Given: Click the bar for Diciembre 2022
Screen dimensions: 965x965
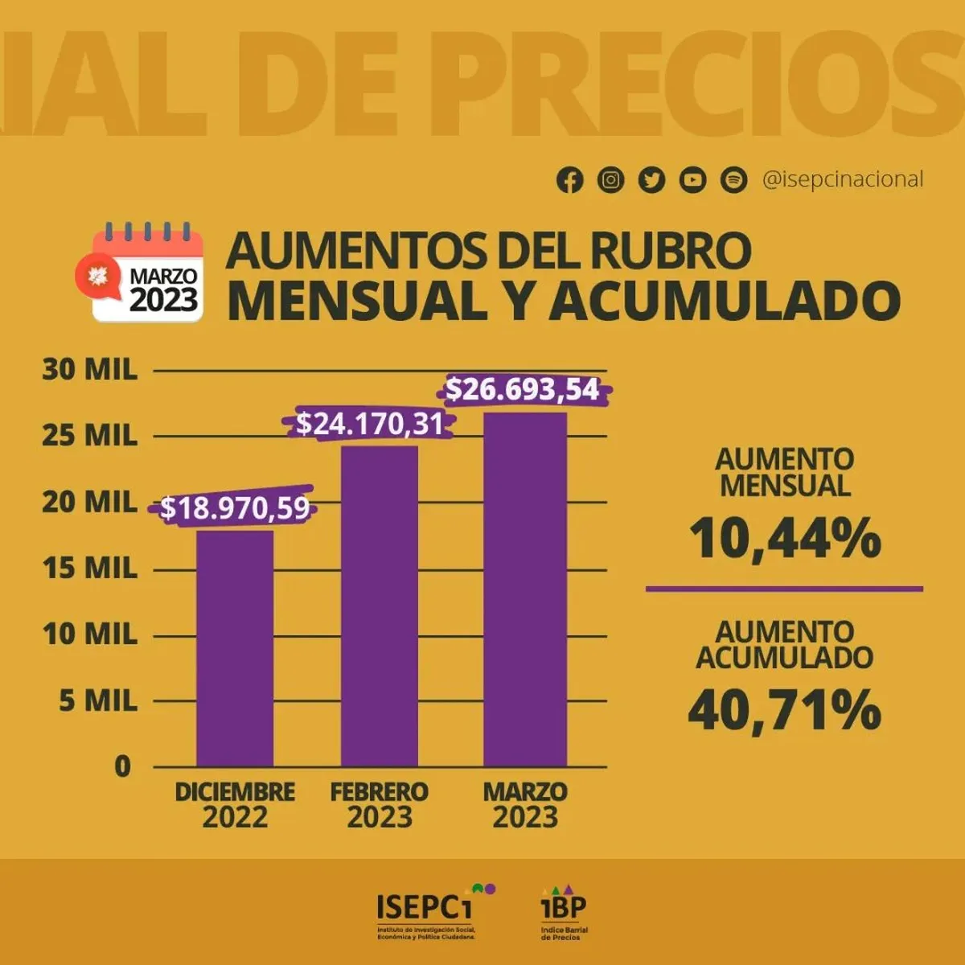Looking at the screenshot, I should [235, 647].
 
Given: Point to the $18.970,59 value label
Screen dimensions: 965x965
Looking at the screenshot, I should [235, 508].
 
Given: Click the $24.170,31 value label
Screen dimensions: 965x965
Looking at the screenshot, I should [370, 424].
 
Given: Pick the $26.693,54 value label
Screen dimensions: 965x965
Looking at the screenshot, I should [523, 390].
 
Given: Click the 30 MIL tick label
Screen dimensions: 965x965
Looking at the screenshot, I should [90, 370].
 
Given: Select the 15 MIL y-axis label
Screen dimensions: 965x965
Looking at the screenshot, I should [90, 569].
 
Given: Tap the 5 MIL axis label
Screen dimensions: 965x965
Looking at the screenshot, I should [98, 701].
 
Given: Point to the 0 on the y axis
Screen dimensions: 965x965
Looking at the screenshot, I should [122, 766].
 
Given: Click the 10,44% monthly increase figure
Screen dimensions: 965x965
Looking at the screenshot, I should [785, 538].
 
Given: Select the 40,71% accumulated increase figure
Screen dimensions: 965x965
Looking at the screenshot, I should [785, 710].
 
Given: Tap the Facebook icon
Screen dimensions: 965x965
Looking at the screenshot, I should [570, 180].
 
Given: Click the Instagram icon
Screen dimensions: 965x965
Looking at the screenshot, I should [611, 180].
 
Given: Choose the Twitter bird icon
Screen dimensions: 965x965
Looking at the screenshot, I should [652, 180].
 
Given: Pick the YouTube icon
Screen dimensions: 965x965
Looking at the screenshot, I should [693, 180].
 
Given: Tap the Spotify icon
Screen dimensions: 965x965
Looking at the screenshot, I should [733, 180].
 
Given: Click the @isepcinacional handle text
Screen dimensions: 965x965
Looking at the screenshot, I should [843, 179].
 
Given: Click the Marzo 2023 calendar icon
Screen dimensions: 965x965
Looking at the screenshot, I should [141, 273].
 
